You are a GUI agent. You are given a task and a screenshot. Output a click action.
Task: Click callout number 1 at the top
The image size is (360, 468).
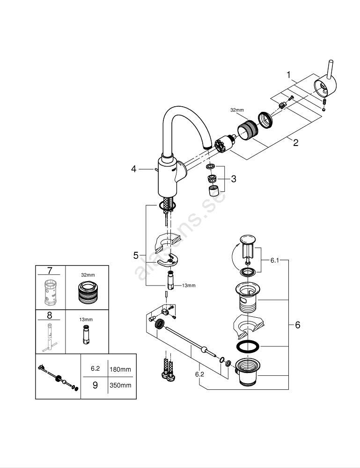289,75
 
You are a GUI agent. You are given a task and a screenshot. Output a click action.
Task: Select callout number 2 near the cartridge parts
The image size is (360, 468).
295,143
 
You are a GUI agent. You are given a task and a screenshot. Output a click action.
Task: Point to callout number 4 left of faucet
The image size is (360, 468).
134,169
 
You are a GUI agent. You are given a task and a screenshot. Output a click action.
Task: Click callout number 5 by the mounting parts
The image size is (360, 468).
136,256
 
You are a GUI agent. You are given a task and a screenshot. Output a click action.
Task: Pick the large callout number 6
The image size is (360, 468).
298,325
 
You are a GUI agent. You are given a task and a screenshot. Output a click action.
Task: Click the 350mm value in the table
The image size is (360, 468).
120,386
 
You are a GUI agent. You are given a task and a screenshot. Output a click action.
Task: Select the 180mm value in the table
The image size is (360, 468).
120,369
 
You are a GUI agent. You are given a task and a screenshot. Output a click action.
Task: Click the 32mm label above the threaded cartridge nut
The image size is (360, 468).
237,110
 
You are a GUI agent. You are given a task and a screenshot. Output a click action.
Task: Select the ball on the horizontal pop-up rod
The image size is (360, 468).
202,349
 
